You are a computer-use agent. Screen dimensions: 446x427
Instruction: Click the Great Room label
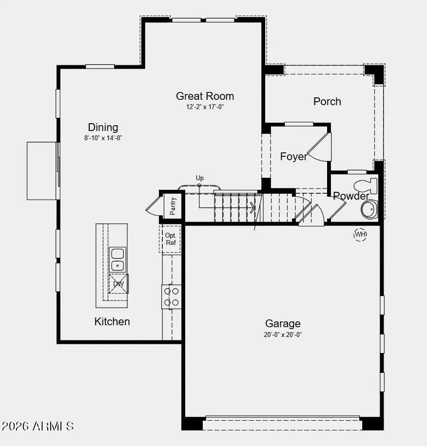(x=205, y=96)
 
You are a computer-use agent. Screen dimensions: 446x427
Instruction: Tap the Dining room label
(x=103, y=127)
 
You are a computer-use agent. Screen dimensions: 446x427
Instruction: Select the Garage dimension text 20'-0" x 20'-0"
(x=283, y=334)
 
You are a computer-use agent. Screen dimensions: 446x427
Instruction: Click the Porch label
(x=327, y=101)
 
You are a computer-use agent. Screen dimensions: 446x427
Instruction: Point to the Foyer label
(x=293, y=156)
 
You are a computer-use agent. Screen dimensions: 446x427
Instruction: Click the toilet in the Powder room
(x=366, y=186)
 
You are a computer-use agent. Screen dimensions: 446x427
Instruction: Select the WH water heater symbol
(x=360, y=235)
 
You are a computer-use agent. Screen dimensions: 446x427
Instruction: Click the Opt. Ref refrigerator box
(x=170, y=239)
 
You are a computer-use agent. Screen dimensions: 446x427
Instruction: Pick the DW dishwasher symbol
(x=118, y=284)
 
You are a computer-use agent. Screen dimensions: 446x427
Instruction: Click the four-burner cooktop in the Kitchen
(x=171, y=297)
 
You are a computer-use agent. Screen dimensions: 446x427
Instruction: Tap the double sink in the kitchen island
(x=117, y=259)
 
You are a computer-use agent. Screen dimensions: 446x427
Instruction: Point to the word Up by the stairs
(x=200, y=178)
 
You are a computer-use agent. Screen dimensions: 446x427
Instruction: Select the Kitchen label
(x=112, y=321)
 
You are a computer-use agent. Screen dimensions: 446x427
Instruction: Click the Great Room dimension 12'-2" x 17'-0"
(x=205, y=107)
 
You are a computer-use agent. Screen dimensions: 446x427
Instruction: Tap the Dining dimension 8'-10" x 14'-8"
(x=102, y=138)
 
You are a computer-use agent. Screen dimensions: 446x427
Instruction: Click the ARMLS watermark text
(x=38, y=427)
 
